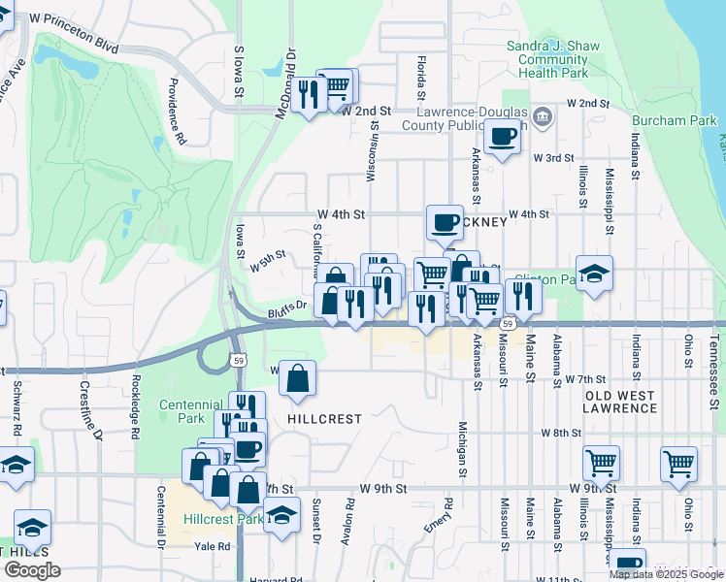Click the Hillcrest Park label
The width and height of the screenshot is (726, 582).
[223, 519]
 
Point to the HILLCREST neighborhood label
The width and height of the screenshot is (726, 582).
[324, 419]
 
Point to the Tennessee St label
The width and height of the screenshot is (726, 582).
[713, 359]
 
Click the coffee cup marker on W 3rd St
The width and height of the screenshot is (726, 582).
[502, 137]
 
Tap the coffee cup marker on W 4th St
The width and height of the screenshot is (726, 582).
[445, 222]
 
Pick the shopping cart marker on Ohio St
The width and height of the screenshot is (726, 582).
[678, 464]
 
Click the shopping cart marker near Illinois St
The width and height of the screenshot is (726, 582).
[602, 464]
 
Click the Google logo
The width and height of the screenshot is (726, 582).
[31, 570]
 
